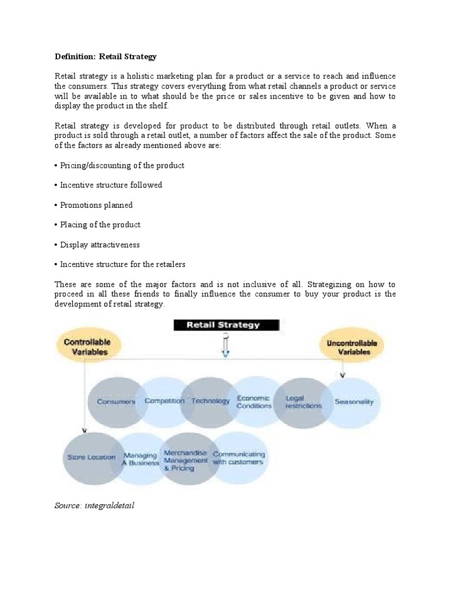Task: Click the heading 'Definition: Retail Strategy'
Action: (106, 56)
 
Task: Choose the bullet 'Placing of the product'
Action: (98, 225)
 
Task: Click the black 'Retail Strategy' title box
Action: (226, 325)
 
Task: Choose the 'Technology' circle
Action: (209, 401)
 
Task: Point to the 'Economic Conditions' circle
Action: (254, 402)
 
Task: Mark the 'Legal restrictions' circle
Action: (303, 402)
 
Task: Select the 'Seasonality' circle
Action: (354, 402)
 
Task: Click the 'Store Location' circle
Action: (91, 457)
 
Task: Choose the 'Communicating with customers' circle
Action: (238, 458)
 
